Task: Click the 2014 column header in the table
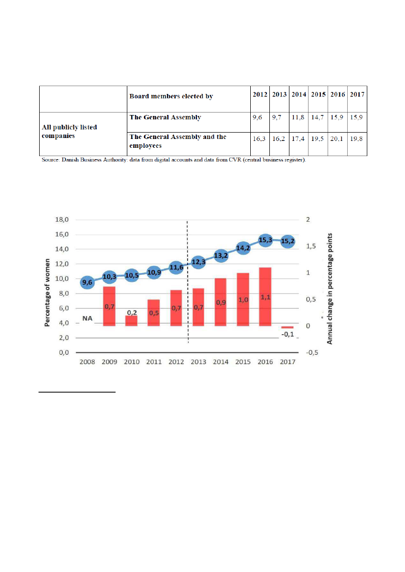pos(299,94)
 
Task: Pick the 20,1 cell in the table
pos(338,139)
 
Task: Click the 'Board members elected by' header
pos(171,96)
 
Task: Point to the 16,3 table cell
pos(259,139)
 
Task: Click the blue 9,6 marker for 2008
pos(88,282)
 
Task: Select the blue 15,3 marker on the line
pos(265,240)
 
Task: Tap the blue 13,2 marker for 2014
pos(221,255)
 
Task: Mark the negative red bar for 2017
pos(287,327)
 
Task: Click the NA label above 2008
pos(88,319)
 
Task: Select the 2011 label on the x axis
pos(154,362)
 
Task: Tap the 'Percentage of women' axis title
pos(48,292)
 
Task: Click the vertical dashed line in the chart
pos(188,294)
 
